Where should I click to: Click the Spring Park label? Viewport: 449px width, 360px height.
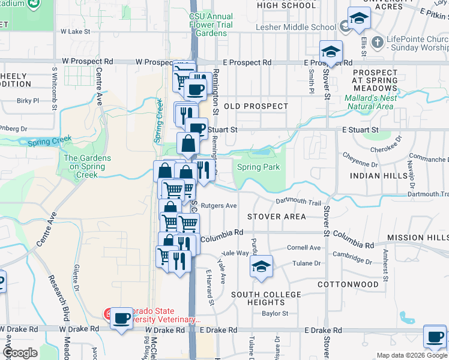(259, 167)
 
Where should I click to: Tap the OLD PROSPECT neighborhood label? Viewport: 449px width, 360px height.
(256, 106)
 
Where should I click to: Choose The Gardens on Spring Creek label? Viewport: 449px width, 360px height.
(87, 167)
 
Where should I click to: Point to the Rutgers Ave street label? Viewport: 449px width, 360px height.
(218, 205)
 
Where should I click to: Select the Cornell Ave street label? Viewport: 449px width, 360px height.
(304, 247)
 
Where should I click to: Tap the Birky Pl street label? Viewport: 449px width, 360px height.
(28, 101)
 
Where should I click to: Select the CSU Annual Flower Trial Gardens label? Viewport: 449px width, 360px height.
(209, 25)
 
